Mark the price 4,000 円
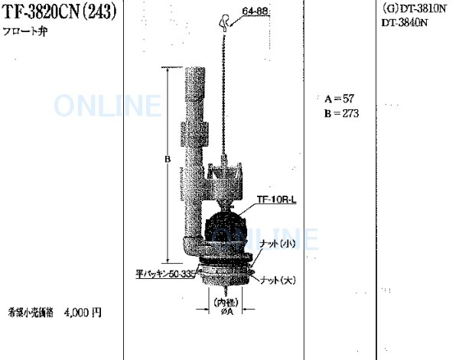coord(83,312)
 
